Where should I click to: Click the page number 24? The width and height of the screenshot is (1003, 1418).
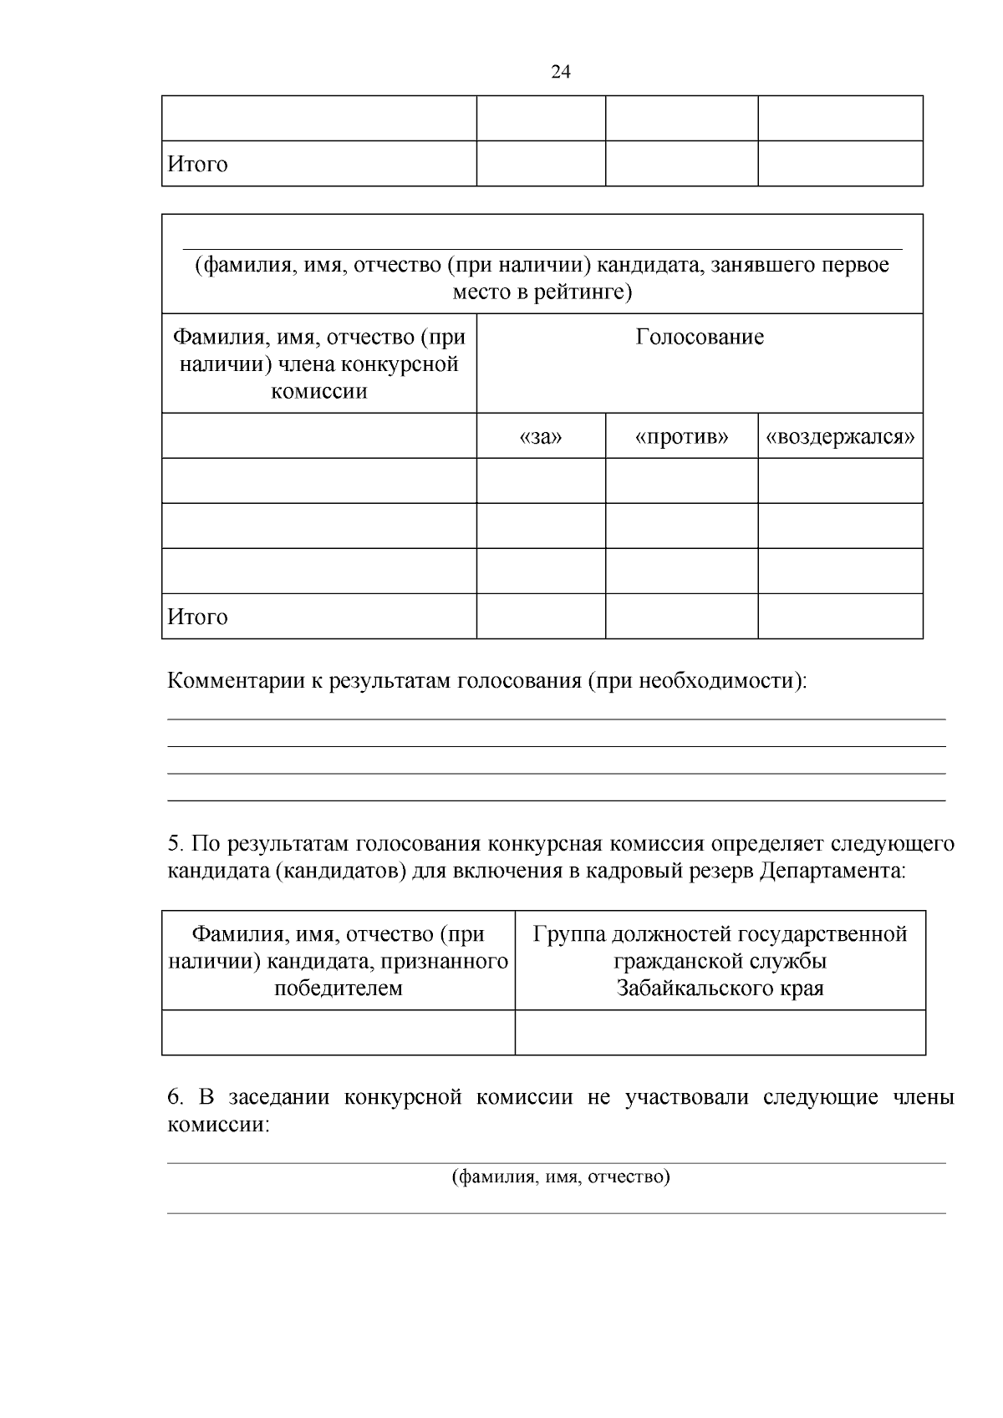(561, 72)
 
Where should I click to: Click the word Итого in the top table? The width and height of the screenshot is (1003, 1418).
(197, 164)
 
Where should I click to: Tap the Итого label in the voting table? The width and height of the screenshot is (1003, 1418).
(197, 617)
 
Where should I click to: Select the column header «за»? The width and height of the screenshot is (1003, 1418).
(541, 436)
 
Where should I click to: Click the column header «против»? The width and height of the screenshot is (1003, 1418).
(681, 436)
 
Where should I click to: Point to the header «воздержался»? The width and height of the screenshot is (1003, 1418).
(840, 436)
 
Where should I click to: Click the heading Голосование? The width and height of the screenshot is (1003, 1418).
(700, 337)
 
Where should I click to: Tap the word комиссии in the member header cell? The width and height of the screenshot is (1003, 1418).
(319, 391)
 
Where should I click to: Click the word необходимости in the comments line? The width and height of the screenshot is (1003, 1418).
(718, 680)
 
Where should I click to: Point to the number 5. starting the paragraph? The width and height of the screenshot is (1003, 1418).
(175, 843)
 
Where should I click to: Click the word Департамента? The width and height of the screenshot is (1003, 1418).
(832, 871)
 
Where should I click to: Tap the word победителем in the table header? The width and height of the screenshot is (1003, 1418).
(339, 989)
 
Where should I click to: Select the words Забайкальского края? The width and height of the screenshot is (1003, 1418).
(720, 989)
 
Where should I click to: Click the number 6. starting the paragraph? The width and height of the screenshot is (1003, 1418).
(175, 1096)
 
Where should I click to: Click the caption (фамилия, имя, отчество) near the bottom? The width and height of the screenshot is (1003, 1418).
(561, 1177)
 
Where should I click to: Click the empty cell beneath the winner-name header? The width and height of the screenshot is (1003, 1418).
(339, 1032)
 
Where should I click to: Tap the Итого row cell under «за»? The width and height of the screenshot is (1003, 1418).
(541, 617)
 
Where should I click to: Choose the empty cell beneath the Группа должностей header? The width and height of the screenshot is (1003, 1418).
(720, 1032)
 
